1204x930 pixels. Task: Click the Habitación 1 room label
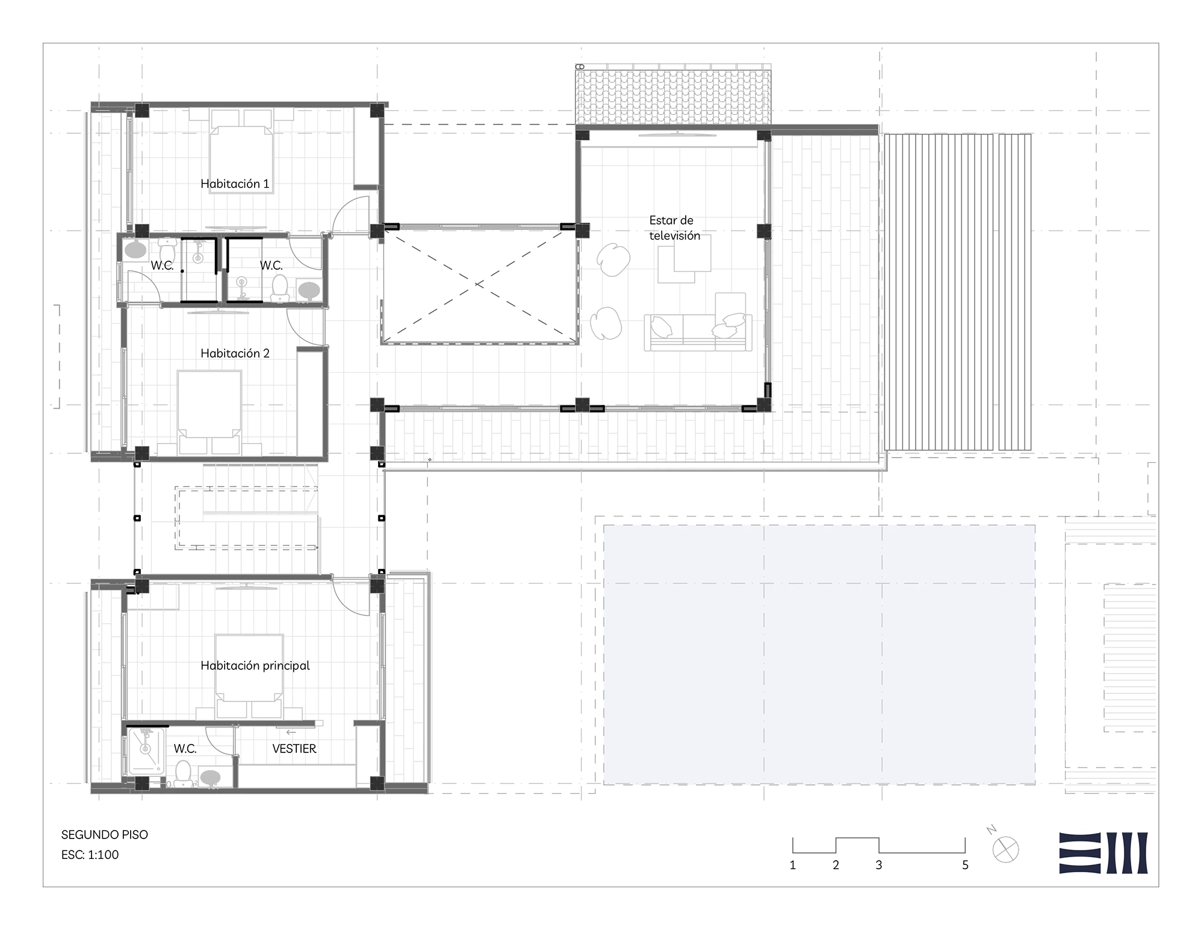pyautogui.click(x=235, y=184)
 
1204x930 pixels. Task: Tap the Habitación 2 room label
pyautogui.click(x=235, y=353)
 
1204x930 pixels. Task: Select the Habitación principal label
pyautogui.click(x=255, y=666)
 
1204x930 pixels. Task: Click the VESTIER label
pyautogui.click(x=294, y=749)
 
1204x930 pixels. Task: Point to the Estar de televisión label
pyautogui.click(x=674, y=228)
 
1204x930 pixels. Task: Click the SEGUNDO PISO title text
pyautogui.click(x=105, y=835)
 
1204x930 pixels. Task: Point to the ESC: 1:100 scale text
pyautogui.click(x=90, y=855)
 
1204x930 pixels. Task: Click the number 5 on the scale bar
pyautogui.click(x=966, y=865)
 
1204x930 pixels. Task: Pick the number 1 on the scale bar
pyautogui.click(x=793, y=865)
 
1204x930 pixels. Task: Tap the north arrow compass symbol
pyautogui.click(x=1006, y=849)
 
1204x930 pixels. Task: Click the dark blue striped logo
pyautogui.click(x=1103, y=853)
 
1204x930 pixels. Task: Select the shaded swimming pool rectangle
pyautogui.click(x=819, y=655)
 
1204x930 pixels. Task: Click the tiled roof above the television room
pyautogui.click(x=673, y=96)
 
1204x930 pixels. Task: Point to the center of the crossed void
pyautogui.click(x=479, y=284)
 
